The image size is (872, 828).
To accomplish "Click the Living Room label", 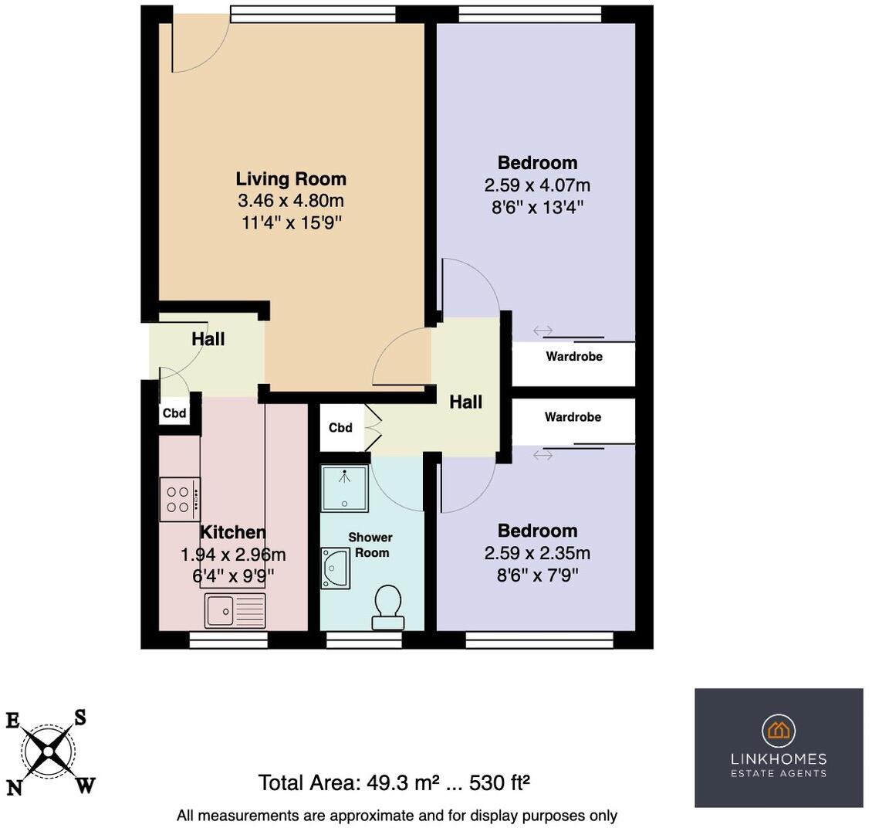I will [291, 179].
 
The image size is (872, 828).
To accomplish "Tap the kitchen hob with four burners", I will [179, 499].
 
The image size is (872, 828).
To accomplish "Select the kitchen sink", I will [235, 610].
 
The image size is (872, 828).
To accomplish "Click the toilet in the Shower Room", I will [387, 608].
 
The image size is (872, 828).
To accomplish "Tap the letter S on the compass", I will [79, 718].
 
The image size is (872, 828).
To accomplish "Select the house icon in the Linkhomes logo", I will [779, 729].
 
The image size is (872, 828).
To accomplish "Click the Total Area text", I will [394, 783].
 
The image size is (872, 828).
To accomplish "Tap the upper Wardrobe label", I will [574, 357].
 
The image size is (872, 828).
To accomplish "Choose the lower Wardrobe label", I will [573, 417].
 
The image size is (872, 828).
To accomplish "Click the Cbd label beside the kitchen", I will [174, 413].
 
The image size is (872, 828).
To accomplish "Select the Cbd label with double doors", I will [340, 428].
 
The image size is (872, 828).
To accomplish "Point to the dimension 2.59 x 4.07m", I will [537, 185].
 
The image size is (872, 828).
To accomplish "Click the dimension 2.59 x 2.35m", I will [537, 553].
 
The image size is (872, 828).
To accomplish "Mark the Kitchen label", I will [233, 532].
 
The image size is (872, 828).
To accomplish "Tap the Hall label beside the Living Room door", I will [466, 402].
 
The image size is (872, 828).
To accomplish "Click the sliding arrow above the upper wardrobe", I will [542, 331].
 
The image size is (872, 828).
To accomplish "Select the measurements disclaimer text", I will [397, 816].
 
